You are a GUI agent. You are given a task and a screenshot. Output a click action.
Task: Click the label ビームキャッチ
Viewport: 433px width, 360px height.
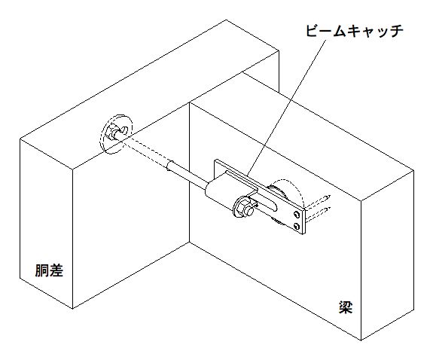(354, 30)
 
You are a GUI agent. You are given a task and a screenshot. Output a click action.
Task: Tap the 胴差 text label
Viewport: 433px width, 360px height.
(49, 270)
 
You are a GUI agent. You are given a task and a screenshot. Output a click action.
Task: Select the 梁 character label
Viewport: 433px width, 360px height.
(346, 307)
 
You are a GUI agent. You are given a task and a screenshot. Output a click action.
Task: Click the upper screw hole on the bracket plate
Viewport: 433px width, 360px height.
(297, 214)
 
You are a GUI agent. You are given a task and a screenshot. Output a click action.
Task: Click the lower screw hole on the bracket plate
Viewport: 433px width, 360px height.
(297, 226)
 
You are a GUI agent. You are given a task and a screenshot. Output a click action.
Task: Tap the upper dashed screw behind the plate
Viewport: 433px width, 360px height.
(317, 202)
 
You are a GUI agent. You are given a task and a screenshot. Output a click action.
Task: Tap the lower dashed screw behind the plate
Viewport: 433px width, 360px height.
(318, 213)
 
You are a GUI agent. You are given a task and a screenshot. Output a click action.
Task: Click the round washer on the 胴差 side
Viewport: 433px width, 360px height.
(117, 134)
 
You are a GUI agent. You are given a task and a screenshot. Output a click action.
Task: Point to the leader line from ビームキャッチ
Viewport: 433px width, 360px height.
(288, 108)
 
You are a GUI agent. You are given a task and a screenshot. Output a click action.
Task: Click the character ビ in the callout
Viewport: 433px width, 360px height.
(313, 30)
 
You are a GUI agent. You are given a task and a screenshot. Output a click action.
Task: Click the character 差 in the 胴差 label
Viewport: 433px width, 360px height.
(56, 270)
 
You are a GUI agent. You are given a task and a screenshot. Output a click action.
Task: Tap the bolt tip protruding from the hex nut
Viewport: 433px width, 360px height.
(249, 212)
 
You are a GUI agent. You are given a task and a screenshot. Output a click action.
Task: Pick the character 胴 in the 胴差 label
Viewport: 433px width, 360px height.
(42, 270)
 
